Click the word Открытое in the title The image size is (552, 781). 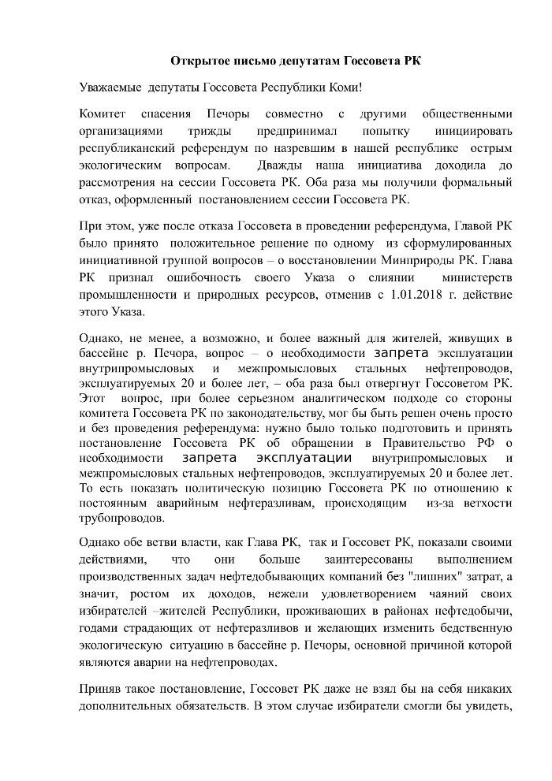click(199, 61)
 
